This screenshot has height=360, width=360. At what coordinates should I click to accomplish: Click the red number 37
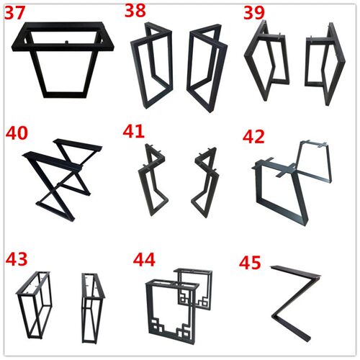[15, 13]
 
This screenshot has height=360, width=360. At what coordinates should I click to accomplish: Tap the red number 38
[135, 10]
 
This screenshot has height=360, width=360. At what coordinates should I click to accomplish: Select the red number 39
[254, 12]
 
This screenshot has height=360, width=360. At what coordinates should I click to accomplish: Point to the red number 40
[17, 133]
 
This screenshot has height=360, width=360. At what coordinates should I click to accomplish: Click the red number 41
[133, 131]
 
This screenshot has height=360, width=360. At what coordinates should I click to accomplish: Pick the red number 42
[253, 136]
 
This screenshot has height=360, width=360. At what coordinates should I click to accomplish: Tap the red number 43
[17, 258]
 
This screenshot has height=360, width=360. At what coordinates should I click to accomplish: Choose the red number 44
[144, 260]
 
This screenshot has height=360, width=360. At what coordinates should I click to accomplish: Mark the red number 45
[250, 262]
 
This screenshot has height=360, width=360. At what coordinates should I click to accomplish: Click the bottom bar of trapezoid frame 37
[65, 94]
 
